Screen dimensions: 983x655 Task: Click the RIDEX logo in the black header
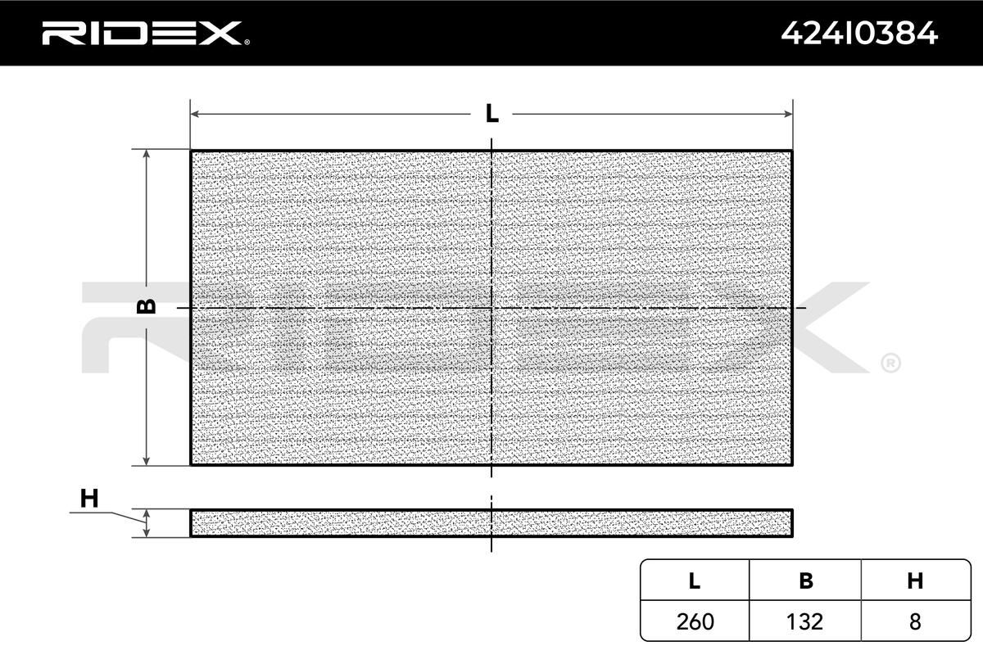click(146, 34)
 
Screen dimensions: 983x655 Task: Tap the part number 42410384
click(859, 34)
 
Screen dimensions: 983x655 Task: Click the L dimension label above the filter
click(492, 114)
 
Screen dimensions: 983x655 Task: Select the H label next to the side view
click(89, 498)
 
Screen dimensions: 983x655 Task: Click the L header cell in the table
click(695, 580)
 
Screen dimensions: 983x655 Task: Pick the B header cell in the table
click(805, 580)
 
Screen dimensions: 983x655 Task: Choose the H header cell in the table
click(916, 580)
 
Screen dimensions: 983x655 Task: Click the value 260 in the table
click(695, 621)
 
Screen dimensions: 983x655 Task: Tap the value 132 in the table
click(804, 621)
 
